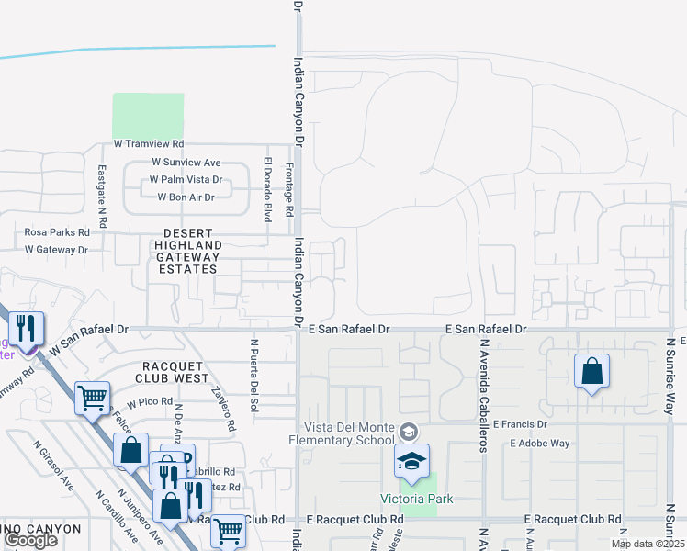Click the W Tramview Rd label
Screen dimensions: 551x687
click(x=149, y=144)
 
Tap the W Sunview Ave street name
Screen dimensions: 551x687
click(x=185, y=163)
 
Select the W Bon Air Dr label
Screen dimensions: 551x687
click(x=186, y=197)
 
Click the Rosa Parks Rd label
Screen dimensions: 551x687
click(x=57, y=232)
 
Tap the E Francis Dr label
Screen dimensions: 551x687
click(x=520, y=424)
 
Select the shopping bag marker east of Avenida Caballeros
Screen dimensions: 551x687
click(x=592, y=373)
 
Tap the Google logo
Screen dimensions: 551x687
click(x=30, y=539)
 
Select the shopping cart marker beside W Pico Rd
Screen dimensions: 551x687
click(x=92, y=399)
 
